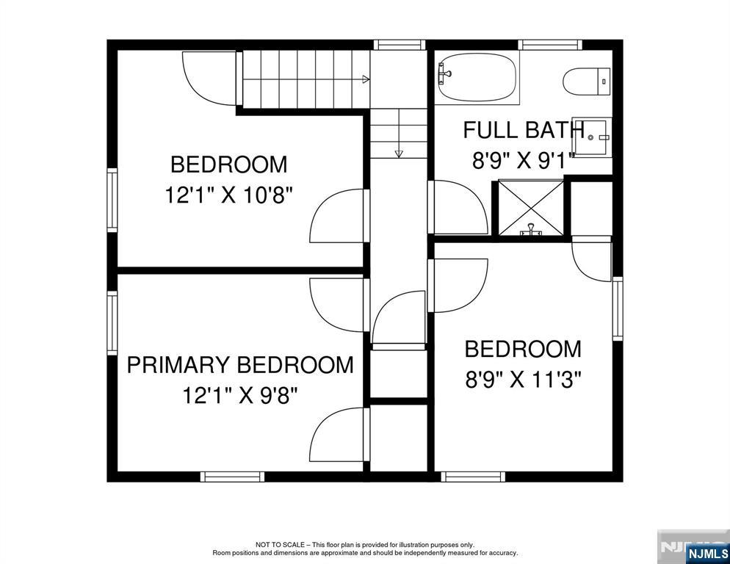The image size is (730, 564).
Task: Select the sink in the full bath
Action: [592, 137]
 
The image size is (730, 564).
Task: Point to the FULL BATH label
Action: [524, 130]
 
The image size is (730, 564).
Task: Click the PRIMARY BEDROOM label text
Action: [240, 365]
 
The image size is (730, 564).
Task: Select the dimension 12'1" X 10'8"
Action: [228, 195]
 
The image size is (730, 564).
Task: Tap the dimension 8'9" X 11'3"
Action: [523, 380]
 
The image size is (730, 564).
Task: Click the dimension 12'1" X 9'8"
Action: [240, 396]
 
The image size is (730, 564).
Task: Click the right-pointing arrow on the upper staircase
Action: [364, 79]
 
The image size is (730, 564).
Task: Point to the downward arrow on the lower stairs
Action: [399, 153]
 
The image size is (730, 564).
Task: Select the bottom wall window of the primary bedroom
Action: [232, 477]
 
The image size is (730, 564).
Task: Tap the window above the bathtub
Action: [546, 45]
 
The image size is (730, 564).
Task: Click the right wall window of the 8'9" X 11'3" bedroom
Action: [618, 308]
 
